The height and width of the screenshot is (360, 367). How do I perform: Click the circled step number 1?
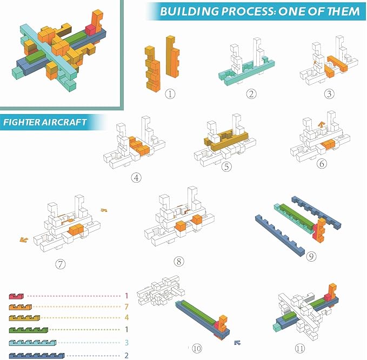pyautogui.click(x=170, y=94)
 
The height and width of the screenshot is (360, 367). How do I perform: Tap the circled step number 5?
pyautogui.click(x=227, y=167)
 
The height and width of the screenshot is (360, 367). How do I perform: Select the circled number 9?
pyautogui.click(x=311, y=256)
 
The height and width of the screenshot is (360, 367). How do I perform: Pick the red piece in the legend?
pyautogui.click(x=17, y=296)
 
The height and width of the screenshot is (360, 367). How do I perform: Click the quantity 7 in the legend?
pyautogui.click(x=126, y=308)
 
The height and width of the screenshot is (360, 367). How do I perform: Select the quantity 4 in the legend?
pyautogui.click(x=126, y=319)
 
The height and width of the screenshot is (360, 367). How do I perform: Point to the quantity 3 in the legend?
pyautogui.click(x=126, y=343)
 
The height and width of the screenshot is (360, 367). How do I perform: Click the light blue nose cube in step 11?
pyautogui.click(x=277, y=327)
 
